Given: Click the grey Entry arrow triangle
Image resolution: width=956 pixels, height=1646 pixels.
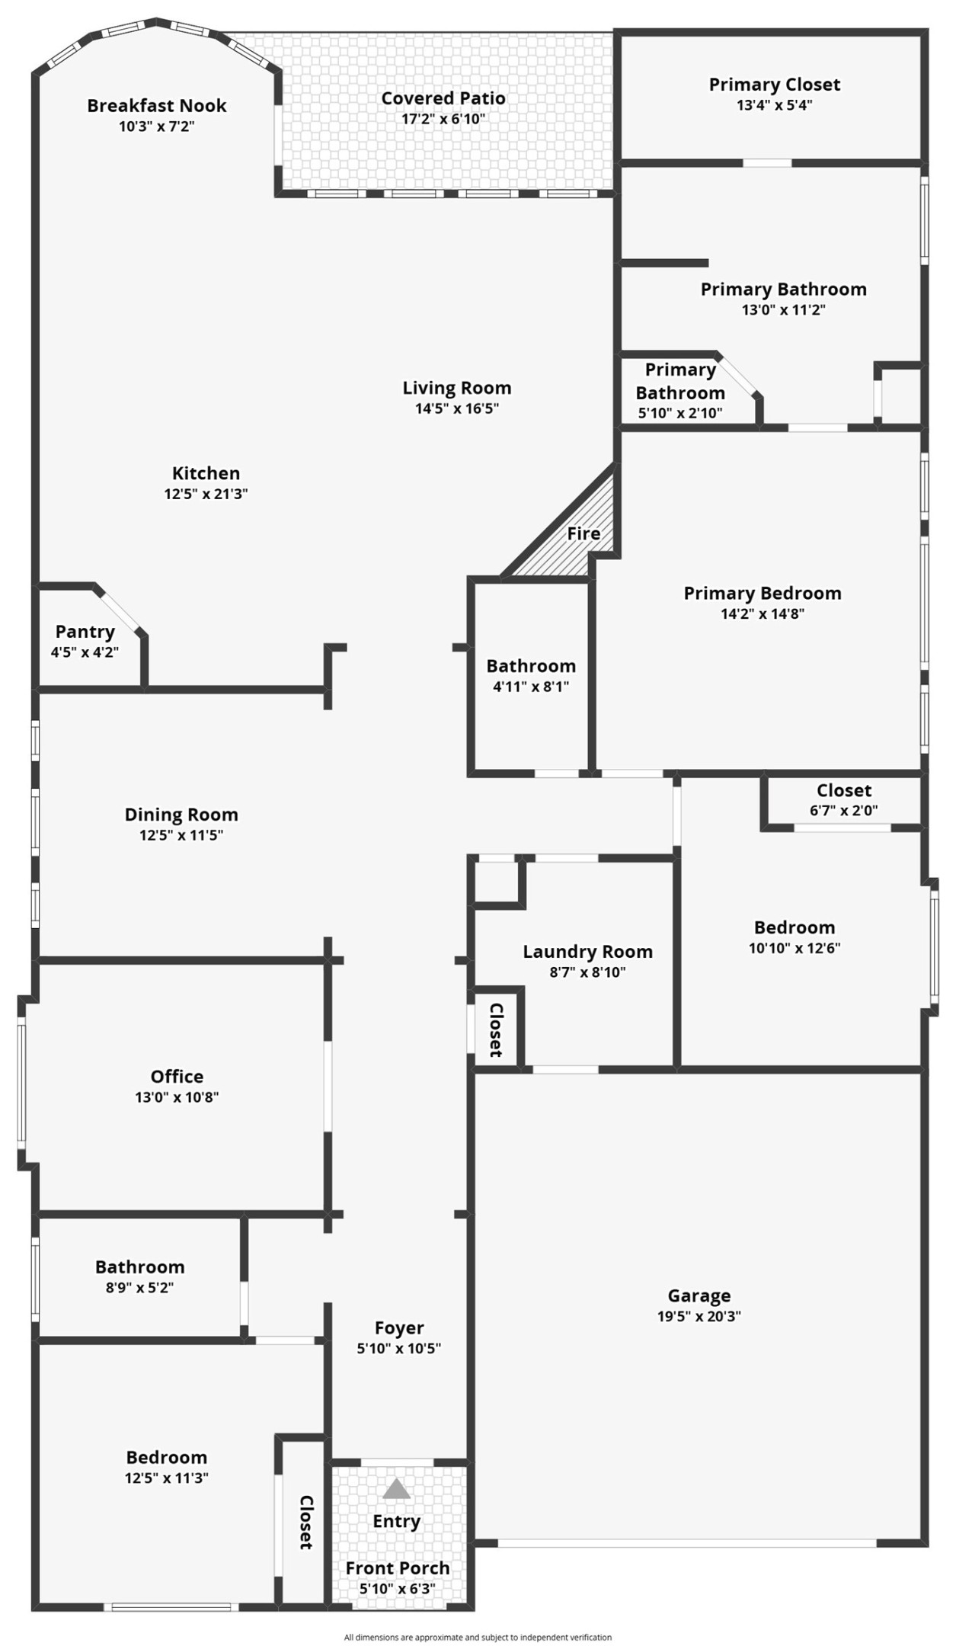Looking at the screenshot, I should pos(396,1488).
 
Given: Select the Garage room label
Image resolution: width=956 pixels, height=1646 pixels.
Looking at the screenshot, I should pos(699,1295).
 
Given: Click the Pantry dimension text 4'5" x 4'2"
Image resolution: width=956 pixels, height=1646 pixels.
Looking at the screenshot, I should pos(85,652).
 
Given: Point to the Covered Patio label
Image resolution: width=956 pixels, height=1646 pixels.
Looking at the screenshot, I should pos(443,98).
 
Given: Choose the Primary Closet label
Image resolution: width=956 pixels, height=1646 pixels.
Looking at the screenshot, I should pos(774,85).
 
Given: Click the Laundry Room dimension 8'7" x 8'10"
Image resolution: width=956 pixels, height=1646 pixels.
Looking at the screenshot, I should pos(587,972).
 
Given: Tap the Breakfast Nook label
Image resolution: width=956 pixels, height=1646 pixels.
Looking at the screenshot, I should pos(156,106).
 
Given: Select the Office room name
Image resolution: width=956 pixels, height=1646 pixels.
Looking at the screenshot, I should pos(177,1076).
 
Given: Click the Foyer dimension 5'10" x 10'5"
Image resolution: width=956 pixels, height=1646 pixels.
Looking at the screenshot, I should pos(398,1348).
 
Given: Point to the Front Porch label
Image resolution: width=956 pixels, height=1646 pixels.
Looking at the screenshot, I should pos(397,1568).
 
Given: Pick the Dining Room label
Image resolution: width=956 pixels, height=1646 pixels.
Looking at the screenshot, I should pos(181,815).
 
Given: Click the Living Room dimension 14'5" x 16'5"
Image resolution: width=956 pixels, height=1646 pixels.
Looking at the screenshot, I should pos(456,408).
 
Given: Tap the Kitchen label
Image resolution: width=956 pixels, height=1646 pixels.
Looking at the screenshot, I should pos(206,473).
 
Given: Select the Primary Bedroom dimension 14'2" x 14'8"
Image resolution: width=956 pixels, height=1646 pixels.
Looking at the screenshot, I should pos(762,613).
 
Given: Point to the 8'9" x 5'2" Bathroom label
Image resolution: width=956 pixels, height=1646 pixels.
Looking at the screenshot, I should pos(139,1267).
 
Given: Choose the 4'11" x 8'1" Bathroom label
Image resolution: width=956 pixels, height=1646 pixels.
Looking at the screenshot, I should pos(531,666).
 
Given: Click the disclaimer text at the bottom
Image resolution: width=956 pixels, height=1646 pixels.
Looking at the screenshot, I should pos(478,1637).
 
